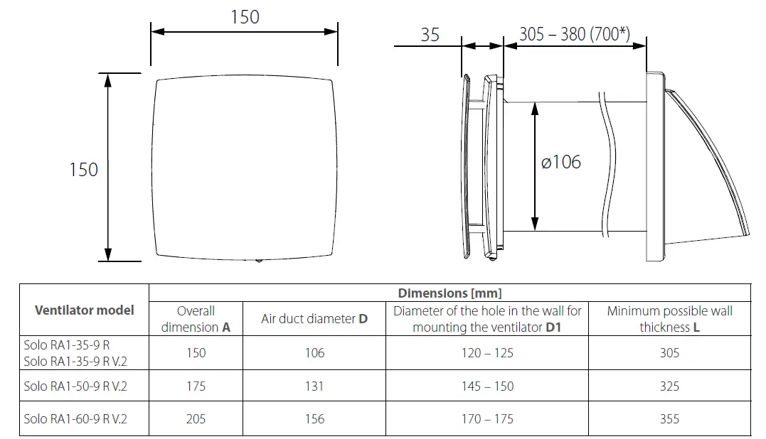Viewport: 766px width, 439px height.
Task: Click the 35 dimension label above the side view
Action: click(430, 34)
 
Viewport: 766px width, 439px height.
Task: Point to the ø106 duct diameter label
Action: click(560, 162)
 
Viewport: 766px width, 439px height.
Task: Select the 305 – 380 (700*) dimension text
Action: click(574, 34)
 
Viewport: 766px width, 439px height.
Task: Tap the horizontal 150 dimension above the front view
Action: click(245, 17)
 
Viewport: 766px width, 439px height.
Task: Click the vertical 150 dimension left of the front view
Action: click(83, 170)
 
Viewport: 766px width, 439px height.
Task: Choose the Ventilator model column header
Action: click(84, 310)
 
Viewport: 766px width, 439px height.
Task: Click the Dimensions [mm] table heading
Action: click(450, 293)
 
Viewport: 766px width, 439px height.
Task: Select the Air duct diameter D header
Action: click(314, 319)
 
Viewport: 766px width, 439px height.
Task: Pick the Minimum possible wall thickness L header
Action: click(669, 319)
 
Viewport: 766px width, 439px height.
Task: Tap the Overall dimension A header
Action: click(196, 319)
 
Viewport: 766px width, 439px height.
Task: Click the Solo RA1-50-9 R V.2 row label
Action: click(75, 386)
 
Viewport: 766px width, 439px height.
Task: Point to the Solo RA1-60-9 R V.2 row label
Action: click(75, 419)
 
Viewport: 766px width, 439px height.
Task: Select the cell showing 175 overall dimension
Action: click(196, 386)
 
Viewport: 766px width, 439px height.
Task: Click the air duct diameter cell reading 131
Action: click(314, 386)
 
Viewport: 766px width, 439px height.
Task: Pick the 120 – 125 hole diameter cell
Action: click(487, 353)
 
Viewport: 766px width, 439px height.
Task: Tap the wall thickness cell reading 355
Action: click(669, 419)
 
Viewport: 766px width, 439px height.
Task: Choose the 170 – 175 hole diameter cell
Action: click(487, 419)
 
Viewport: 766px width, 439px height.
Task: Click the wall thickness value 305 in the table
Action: click(669, 353)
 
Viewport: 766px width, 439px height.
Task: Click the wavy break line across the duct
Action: click(609, 163)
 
